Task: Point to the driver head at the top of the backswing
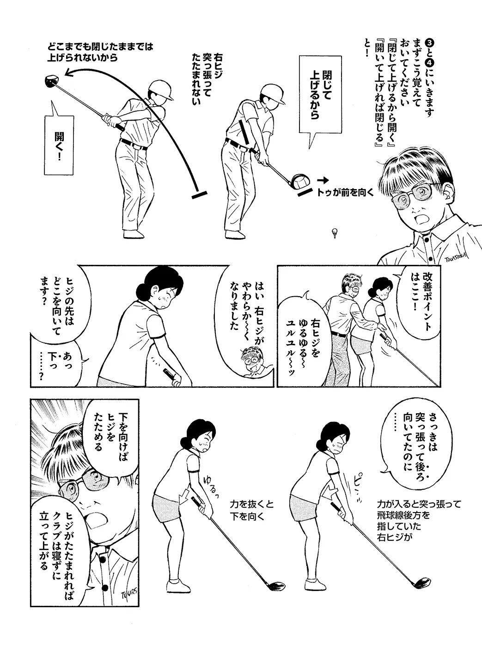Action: (x=52, y=80)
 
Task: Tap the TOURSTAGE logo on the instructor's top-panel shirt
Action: (x=456, y=256)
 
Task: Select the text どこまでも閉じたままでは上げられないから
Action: (x=100, y=52)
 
